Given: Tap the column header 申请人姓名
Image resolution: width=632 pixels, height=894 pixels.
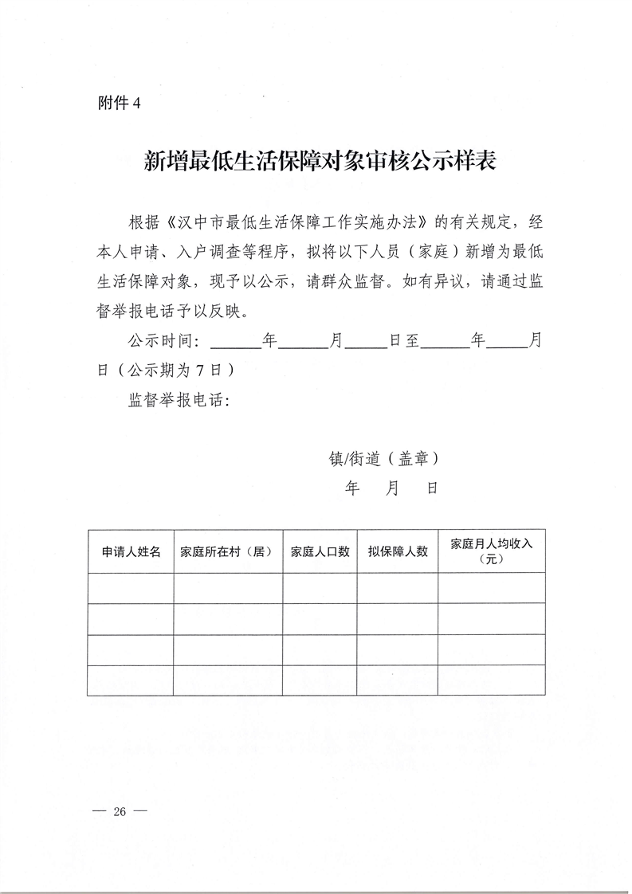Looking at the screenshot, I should point(131,551).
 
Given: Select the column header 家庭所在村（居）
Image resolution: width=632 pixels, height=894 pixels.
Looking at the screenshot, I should point(227,551).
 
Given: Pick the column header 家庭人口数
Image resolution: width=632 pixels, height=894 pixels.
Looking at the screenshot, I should point(320,551).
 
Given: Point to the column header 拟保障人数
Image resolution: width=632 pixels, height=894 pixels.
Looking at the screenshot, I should point(398,551).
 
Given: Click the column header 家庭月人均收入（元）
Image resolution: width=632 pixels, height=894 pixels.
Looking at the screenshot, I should point(491,551).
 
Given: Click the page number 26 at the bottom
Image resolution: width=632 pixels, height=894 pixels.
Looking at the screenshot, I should point(120,812).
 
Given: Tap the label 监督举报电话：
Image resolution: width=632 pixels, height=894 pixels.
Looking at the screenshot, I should point(179,401).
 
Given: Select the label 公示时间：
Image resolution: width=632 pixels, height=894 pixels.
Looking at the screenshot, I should point(163,341).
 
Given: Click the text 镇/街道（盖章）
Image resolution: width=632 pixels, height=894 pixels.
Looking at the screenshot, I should point(383,459).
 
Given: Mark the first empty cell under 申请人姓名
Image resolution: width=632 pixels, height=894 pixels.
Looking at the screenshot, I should point(131,588).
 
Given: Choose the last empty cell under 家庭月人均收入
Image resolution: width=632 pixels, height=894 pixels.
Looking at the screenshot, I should point(491,680).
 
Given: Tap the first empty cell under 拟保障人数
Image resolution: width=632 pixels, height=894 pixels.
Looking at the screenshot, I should point(398,588).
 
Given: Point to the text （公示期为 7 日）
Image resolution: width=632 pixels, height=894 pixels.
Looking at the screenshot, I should point(171,371).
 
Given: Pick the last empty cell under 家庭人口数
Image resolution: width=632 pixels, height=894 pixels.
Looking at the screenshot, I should point(320,680).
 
